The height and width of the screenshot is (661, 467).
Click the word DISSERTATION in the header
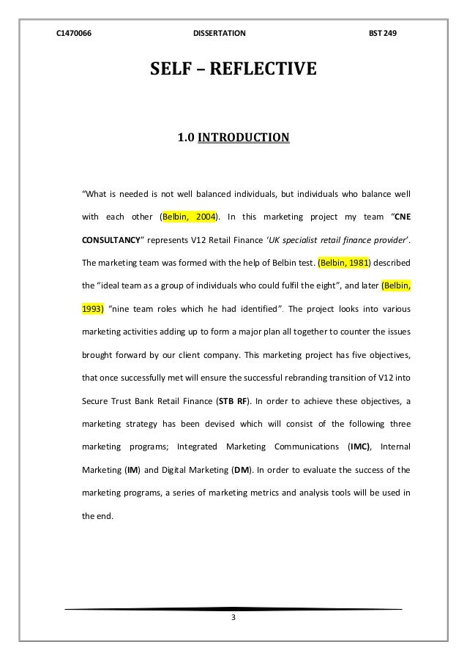coord(219,34)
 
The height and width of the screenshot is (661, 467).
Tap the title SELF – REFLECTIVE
coord(233,70)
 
